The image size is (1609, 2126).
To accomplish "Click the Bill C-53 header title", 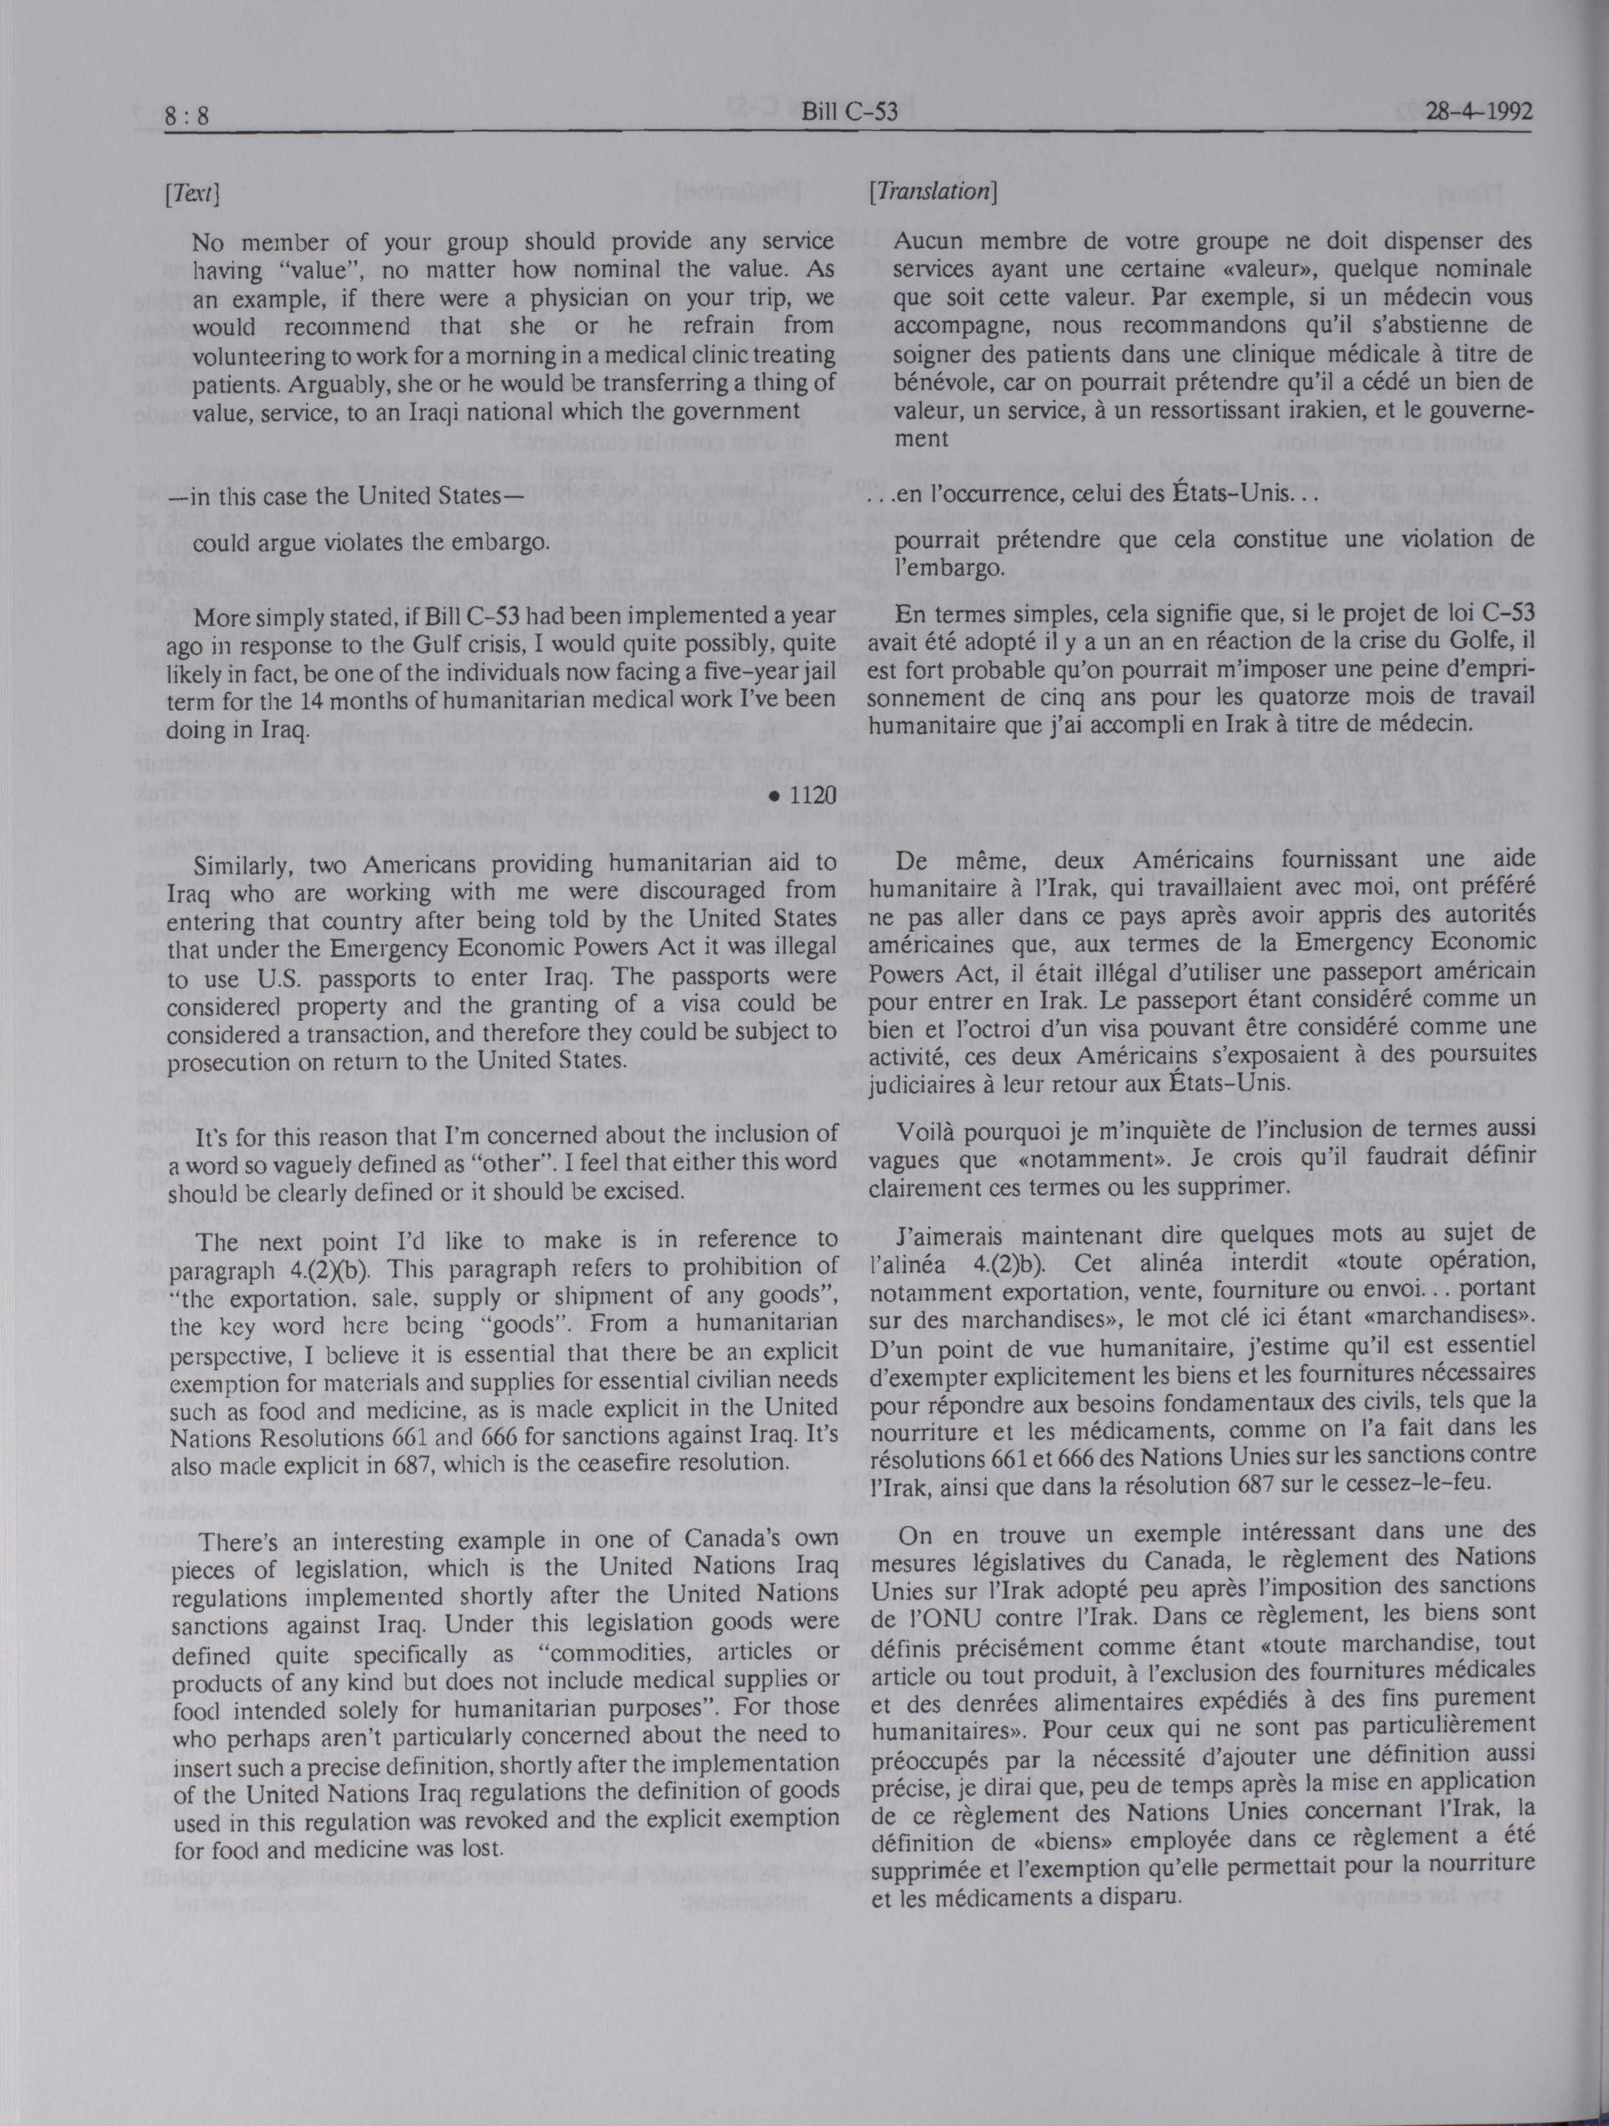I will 850,113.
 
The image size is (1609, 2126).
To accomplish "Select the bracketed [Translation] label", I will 930,192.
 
